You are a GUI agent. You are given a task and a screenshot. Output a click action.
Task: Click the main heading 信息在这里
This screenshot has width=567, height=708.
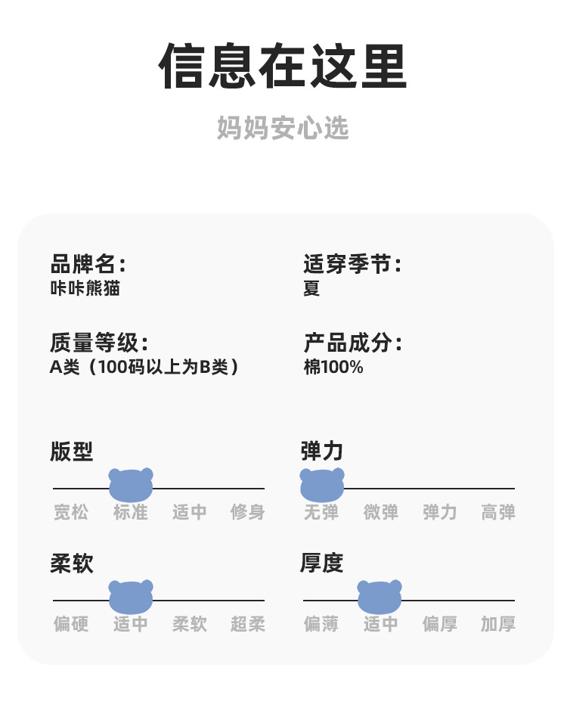pyautogui.click(x=283, y=67)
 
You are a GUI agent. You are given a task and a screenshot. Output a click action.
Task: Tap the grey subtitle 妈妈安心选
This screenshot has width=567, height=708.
pyautogui.click(x=283, y=128)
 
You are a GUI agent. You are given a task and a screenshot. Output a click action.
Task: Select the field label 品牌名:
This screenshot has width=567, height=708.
pyautogui.click(x=88, y=265)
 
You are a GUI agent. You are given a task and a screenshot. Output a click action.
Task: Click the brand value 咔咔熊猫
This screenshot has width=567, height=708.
pyautogui.click(x=85, y=289)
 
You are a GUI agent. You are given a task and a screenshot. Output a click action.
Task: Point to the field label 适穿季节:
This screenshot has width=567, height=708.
pyautogui.click(x=352, y=265)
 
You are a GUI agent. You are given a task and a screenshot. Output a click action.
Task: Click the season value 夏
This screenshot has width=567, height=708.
pyautogui.click(x=311, y=289)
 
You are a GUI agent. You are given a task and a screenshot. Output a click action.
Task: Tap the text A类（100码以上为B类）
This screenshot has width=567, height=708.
pyautogui.click(x=145, y=368)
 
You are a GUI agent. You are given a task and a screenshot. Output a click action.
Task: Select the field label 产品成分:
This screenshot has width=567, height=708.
pyautogui.click(x=352, y=343)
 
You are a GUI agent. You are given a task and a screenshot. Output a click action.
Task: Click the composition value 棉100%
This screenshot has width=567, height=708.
pyautogui.click(x=333, y=368)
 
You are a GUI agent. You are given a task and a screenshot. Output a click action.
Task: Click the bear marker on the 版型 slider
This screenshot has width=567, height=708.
pyautogui.click(x=131, y=485)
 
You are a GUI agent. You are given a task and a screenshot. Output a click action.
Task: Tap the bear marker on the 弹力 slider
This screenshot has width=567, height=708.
pyautogui.click(x=322, y=485)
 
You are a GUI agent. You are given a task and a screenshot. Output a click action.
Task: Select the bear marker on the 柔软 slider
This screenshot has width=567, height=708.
pyautogui.click(x=131, y=597)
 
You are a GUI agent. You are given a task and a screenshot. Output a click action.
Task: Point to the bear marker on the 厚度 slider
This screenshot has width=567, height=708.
pyautogui.click(x=380, y=597)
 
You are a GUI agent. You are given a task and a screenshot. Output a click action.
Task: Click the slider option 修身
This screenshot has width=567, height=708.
pyautogui.click(x=248, y=513)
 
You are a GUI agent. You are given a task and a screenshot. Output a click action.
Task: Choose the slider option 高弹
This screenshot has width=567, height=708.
pyautogui.click(x=498, y=513)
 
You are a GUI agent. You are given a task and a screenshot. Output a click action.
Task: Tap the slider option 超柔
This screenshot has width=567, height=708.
pyautogui.click(x=248, y=625)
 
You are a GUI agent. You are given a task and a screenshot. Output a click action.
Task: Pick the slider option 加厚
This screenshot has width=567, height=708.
pyautogui.click(x=498, y=625)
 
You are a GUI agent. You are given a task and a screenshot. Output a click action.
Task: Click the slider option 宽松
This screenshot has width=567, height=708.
pyautogui.click(x=71, y=513)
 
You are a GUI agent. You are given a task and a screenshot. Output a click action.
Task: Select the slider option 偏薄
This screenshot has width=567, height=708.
pyautogui.click(x=321, y=625)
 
